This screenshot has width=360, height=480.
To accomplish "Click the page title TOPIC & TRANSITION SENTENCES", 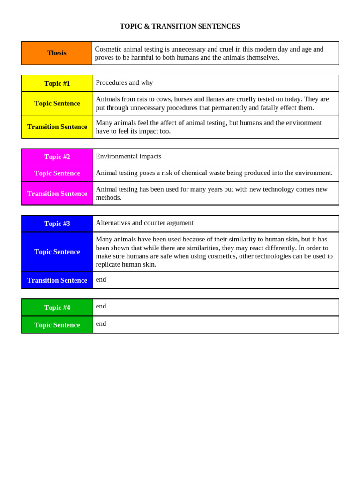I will click(180, 26).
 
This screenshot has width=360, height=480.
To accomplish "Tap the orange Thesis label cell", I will click(57, 53).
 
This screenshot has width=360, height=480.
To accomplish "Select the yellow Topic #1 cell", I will click(57, 83).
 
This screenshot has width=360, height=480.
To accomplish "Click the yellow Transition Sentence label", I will click(57, 127).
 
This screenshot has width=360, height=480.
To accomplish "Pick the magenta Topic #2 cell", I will click(57, 157).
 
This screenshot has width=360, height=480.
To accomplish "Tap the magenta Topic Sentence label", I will click(57, 173).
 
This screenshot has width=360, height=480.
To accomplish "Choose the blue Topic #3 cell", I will click(57, 224).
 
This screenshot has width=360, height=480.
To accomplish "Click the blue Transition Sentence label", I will click(57, 280).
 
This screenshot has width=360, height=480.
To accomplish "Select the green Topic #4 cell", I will click(57, 307).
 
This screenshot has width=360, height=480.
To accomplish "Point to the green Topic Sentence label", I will click(57, 325).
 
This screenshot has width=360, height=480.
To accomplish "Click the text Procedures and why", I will click(124, 82).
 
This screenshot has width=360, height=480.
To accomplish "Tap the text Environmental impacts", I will click(128, 156).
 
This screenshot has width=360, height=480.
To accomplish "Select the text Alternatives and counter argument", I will click(144, 223).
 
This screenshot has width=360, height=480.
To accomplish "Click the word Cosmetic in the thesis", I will click(109, 49).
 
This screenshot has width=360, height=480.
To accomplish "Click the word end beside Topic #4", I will click(101, 306).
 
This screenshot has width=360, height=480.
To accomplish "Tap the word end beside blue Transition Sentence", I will click(101, 279).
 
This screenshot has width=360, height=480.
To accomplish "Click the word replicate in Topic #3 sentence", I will click(109, 264).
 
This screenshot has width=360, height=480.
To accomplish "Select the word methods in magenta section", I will click(108, 197).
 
